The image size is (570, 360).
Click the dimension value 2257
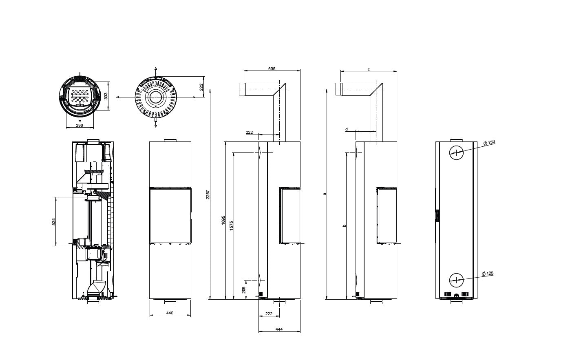tap(208, 194)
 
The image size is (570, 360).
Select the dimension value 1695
tap(223, 220)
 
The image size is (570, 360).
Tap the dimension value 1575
tap(231, 226)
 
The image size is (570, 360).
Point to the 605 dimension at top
tap(272, 68)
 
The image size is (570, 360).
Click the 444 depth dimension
tap(279, 329)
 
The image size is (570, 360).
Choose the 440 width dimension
tap(170, 313)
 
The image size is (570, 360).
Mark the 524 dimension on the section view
tap(54, 222)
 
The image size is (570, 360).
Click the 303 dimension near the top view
tap(106, 96)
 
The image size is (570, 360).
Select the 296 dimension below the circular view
tap(80, 125)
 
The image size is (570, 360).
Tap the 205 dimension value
tap(244, 290)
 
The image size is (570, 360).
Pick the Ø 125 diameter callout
tap(488, 274)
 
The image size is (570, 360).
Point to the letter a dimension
tap(325, 194)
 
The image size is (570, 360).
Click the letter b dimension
tap(345, 225)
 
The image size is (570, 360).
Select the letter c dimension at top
tap(369, 69)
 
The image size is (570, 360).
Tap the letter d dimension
tap(346, 129)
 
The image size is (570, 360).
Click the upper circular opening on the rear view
tap(457, 152)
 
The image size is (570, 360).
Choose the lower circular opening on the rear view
tap(457, 280)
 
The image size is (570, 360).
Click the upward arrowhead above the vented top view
tap(156, 68)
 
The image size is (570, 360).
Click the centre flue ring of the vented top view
tap(156, 97)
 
